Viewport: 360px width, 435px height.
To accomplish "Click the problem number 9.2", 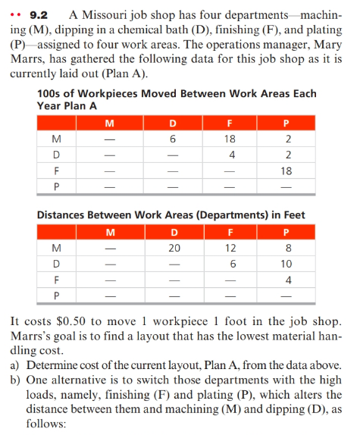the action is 37,14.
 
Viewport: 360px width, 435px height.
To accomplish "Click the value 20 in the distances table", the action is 173,248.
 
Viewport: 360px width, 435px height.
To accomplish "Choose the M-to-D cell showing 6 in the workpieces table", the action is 173,139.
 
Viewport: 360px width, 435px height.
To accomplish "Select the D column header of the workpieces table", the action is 173,122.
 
